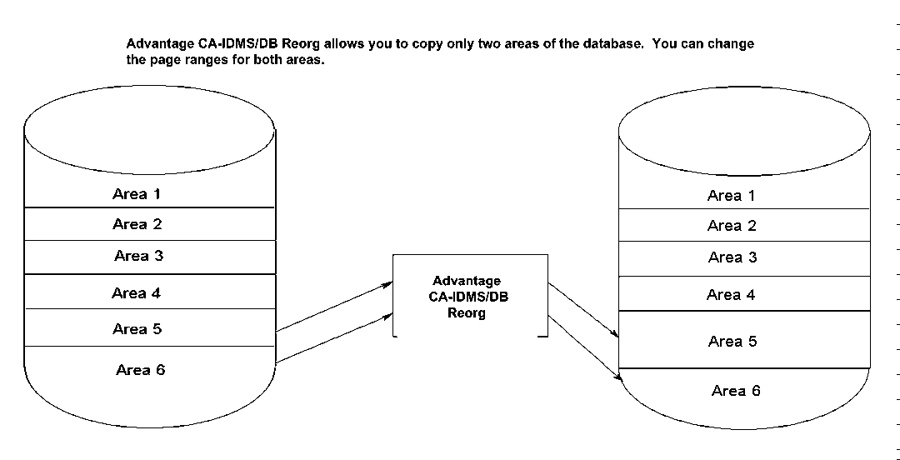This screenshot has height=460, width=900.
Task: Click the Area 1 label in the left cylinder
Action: [137, 194]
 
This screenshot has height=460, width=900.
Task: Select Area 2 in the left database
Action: [137, 224]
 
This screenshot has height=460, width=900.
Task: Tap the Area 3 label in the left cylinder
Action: [138, 256]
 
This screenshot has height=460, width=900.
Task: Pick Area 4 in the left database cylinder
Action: [136, 292]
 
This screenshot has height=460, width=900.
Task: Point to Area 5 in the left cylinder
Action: [137, 328]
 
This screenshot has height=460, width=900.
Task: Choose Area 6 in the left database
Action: [140, 369]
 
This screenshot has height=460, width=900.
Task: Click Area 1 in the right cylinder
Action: [732, 196]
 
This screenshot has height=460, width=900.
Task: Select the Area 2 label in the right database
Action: [732, 226]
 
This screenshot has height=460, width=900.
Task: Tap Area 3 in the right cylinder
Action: [732, 257]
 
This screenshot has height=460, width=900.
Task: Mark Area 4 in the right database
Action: [731, 294]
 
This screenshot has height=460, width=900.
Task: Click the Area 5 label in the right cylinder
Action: [732, 341]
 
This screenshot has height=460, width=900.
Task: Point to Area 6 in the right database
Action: [736, 390]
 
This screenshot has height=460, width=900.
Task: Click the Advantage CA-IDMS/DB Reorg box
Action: [470, 297]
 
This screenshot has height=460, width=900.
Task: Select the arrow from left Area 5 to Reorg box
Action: [333, 307]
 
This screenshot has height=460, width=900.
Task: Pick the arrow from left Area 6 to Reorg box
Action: [333, 337]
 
